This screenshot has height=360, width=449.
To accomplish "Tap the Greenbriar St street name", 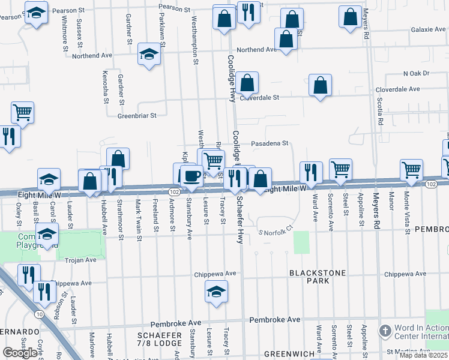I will tap(137, 115).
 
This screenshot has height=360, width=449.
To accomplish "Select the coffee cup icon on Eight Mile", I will tap(191, 175).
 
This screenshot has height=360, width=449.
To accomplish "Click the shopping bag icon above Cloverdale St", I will tap(247, 83).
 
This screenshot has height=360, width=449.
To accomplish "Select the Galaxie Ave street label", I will tap(428, 29).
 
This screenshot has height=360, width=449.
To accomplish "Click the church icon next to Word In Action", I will tap(385, 331).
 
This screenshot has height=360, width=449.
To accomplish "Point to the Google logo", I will tap(20, 353).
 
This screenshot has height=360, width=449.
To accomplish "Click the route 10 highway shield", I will tap(39, 314).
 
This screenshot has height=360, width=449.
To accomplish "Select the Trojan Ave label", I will tap(81, 260).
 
